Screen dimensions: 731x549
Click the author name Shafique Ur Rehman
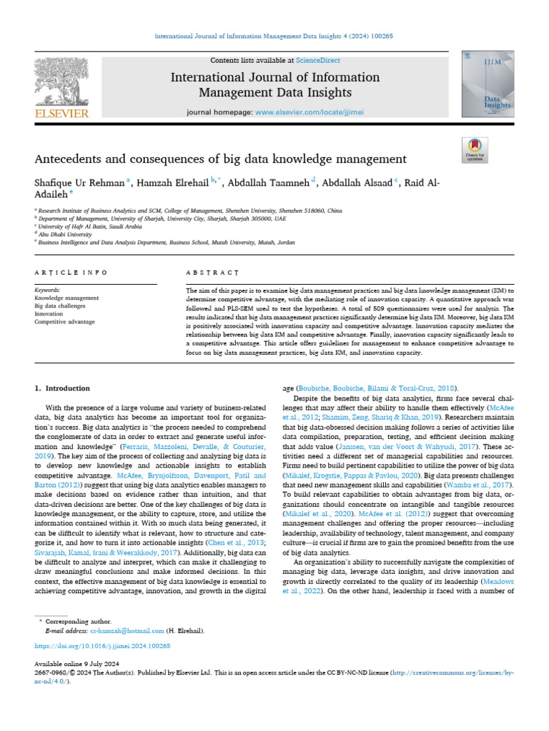pyautogui.click(x=79, y=183)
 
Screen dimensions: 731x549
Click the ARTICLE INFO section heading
pyautogui.click(x=71, y=273)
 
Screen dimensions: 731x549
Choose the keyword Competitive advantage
pyautogui.click(x=64, y=322)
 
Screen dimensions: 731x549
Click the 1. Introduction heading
pyautogui.click(x=63, y=388)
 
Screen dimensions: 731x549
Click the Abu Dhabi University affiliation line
pyautogui.click(x=64, y=233)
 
